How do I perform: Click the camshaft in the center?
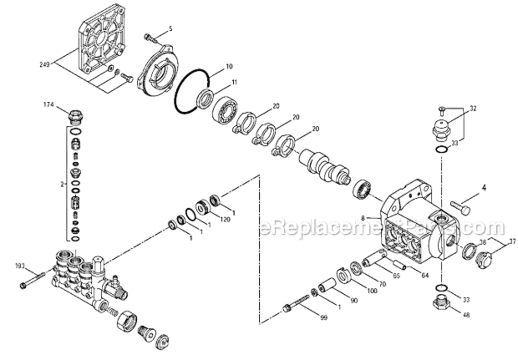pyautogui.click(x=324, y=168)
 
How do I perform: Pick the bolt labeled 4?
pyautogui.click(x=460, y=208)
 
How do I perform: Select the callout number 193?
pyautogui.click(x=20, y=265)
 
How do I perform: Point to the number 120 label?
pyautogui.click(x=225, y=219)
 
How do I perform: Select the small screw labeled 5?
pyautogui.click(x=150, y=37)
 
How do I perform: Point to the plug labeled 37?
pyautogui.click(x=483, y=261)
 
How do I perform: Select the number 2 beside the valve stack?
pyautogui.click(x=61, y=183)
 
